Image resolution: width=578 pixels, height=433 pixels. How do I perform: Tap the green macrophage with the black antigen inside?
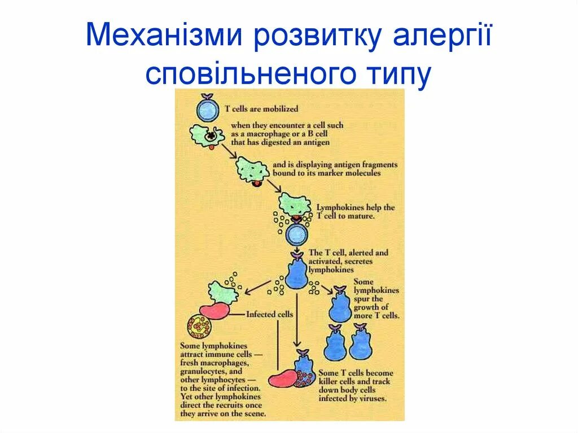[208, 136]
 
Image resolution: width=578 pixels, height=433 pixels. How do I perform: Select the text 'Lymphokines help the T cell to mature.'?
[355, 212]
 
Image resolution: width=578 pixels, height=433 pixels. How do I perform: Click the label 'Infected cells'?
[270, 314]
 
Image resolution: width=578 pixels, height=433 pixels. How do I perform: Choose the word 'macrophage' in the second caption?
[273, 134]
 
